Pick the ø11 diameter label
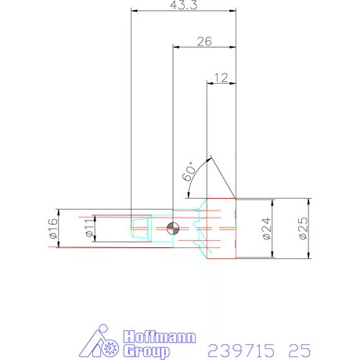[x=89, y=229]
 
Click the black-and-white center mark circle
[x=172, y=229]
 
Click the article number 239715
[x=236, y=347]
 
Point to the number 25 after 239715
[x=298, y=347]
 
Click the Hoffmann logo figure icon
[x=103, y=341]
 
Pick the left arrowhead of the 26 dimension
[x=175, y=47]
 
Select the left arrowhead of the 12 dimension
[x=210, y=82]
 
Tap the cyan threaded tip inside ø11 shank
[x=139, y=229]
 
